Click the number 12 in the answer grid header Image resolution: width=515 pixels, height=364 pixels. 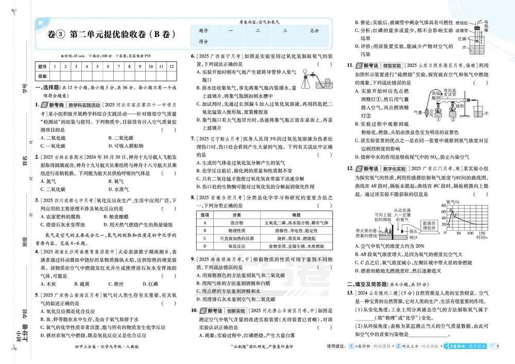point(171,66)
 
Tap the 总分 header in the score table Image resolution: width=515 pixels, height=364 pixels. point(315,31)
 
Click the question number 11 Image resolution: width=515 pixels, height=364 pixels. point(350,66)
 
